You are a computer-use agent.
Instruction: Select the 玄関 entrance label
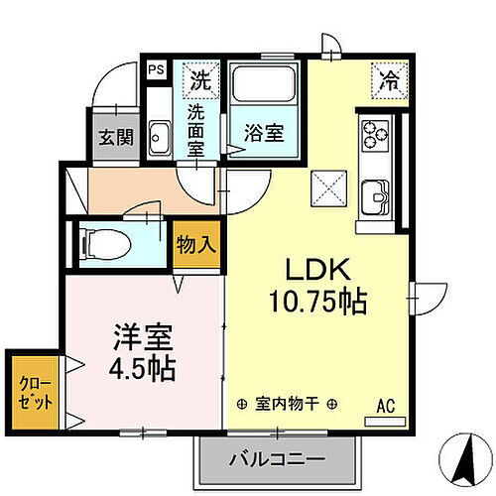111,138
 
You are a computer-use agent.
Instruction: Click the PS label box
156,70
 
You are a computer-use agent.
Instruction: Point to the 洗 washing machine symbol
201,76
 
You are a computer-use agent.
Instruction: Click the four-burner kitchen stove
374,133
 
